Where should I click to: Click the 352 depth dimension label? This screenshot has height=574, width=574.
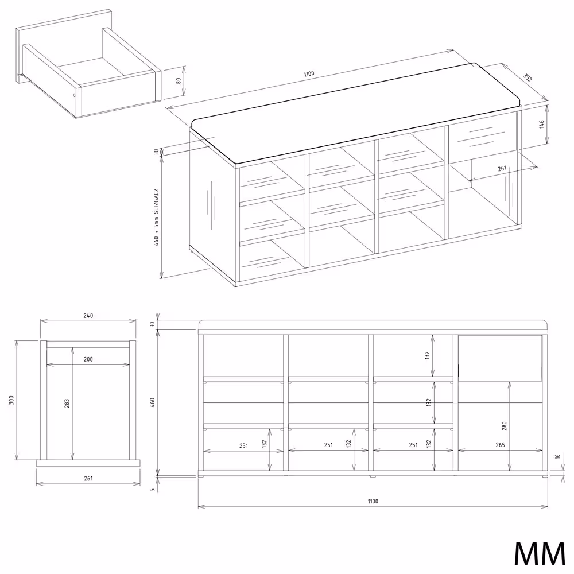[x=528, y=77]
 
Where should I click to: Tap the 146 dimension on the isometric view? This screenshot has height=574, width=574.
[x=541, y=124]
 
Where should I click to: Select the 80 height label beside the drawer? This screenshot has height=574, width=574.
[x=179, y=80]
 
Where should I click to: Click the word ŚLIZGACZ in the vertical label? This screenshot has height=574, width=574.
[x=156, y=201]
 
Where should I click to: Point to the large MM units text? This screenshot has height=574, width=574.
[x=540, y=553]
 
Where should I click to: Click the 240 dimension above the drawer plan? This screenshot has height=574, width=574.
[x=88, y=316]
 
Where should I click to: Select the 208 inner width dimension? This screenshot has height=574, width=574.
[x=88, y=359]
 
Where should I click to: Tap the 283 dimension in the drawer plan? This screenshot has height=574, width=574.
[x=67, y=404]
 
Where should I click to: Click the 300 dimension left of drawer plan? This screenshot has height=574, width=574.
[x=11, y=400]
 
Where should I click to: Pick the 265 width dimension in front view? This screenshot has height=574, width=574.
[x=500, y=445]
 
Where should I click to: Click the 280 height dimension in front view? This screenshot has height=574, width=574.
[x=504, y=426]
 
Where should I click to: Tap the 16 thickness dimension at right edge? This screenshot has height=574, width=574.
[x=557, y=456]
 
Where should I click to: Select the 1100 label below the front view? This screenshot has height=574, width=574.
[x=373, y=501]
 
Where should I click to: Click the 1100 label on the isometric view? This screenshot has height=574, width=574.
[x=309, y=73]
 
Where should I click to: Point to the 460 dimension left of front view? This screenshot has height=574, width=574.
[x=153, y=402]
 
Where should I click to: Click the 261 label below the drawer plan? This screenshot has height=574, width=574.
[x=88, y=478]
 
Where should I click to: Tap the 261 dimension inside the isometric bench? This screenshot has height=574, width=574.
[x=502, y=168]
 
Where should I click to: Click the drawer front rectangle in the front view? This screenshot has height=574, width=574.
[x=500, y=358]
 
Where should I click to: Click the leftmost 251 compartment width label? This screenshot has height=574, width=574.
[x=244, y=445]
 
